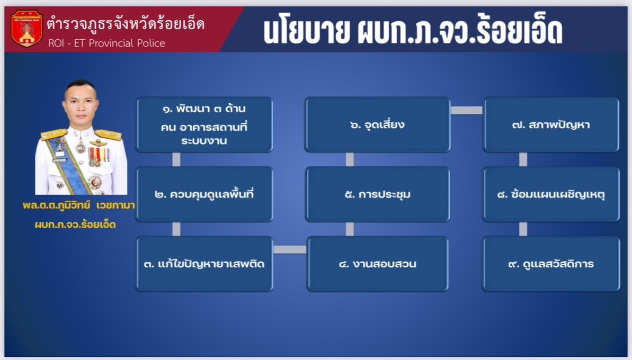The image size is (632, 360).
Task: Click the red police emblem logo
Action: point(26,29)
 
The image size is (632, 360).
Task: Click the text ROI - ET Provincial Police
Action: point(106,43)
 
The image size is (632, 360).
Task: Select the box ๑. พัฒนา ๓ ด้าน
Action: point(204,124)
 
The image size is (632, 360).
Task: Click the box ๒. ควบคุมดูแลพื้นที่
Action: point(204,194)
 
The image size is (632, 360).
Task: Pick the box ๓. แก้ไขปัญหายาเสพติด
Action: point(204,264)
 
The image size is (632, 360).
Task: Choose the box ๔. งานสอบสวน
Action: point(377,264)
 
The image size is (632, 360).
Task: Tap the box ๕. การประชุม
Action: point(377,194)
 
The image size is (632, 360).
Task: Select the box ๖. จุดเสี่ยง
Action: point(377,124)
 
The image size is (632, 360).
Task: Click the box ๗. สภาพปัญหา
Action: point(551,124)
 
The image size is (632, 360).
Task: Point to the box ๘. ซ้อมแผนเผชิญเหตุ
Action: point(551,194)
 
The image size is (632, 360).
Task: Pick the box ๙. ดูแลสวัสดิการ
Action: point(551,264)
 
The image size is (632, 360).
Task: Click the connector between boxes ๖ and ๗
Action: point(466,110)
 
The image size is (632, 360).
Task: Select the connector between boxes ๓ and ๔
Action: point(290,250)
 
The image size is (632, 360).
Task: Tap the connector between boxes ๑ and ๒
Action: point(176,159)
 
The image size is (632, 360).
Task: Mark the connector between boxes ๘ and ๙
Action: point(523,229)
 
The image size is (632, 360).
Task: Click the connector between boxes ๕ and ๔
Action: point(350,229)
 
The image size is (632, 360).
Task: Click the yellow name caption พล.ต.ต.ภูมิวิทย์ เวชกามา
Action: point(78,205)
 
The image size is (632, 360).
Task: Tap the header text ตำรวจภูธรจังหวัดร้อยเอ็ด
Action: point(126,24)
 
